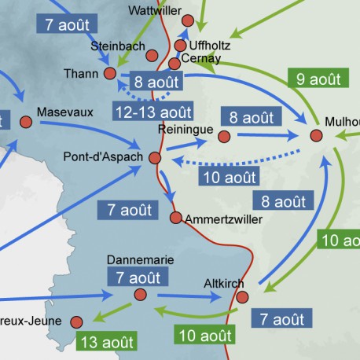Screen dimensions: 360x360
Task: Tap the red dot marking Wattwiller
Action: (187, 20)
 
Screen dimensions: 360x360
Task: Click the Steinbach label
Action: (118, 46)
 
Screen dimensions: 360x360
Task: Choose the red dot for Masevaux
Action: (26, 122)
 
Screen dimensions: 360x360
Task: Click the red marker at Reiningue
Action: (223, 137)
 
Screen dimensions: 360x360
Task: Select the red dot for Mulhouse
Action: (316, 136)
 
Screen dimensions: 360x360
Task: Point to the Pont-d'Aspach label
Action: (103, 157)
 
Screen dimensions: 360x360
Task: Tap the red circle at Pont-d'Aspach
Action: (154, 159)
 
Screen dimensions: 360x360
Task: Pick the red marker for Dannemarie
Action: (141, 294)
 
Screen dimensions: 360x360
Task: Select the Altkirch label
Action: (224, 283)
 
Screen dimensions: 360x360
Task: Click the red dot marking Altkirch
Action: (242, 297)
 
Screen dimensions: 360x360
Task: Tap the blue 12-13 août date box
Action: (153, 112)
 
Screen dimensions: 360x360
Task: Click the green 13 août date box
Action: (107, 341)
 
